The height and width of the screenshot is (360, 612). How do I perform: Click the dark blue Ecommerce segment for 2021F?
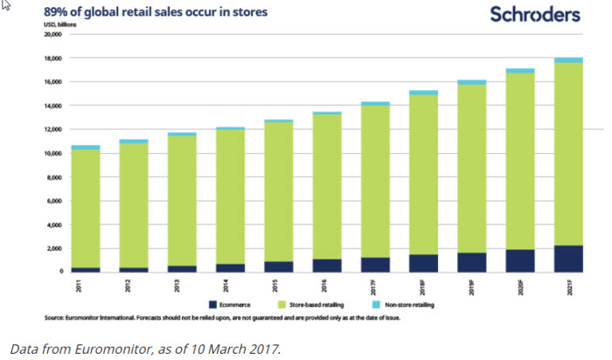pos(569,259)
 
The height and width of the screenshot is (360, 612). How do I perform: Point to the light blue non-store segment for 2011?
pos(86,148)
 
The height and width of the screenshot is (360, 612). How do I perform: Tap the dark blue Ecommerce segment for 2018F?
pos(424,263)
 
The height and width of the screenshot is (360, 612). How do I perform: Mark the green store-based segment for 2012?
pos(135,205)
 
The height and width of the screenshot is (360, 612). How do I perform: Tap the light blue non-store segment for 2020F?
pos(520,71)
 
